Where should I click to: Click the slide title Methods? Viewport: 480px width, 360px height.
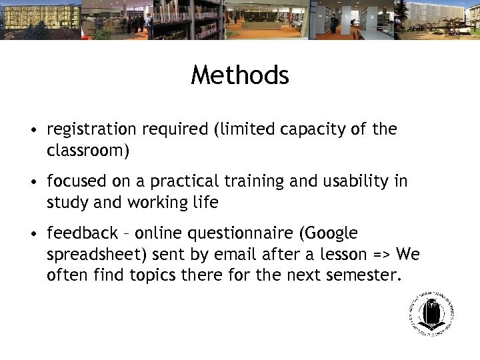[240, 75]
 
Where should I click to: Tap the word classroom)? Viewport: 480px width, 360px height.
[88, 151]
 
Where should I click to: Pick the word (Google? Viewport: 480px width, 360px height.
[328, 234]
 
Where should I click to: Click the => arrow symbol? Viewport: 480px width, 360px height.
[381, 254]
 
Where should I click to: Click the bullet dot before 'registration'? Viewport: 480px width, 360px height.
[33, 129]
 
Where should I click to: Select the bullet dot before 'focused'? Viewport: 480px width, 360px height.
[33, 181]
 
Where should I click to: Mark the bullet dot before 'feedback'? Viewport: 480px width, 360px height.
[33, 234]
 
